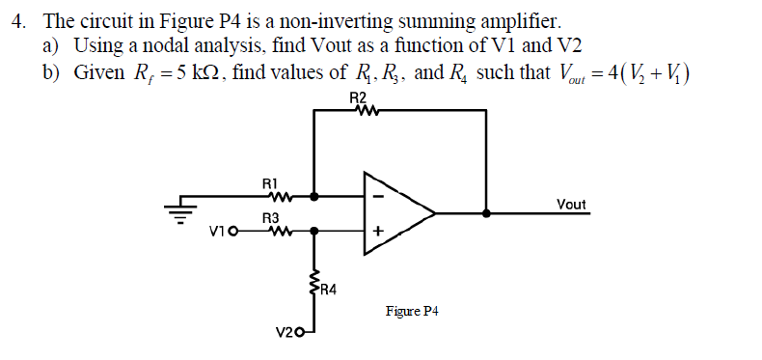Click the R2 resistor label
(358, 97)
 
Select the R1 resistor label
(270, 181)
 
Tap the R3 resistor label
(270, 219)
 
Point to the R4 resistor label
(329, 289)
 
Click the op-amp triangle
(395, 212)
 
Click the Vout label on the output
(572, 204)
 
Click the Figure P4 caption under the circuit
(412, 311)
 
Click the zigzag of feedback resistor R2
(358, 110)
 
